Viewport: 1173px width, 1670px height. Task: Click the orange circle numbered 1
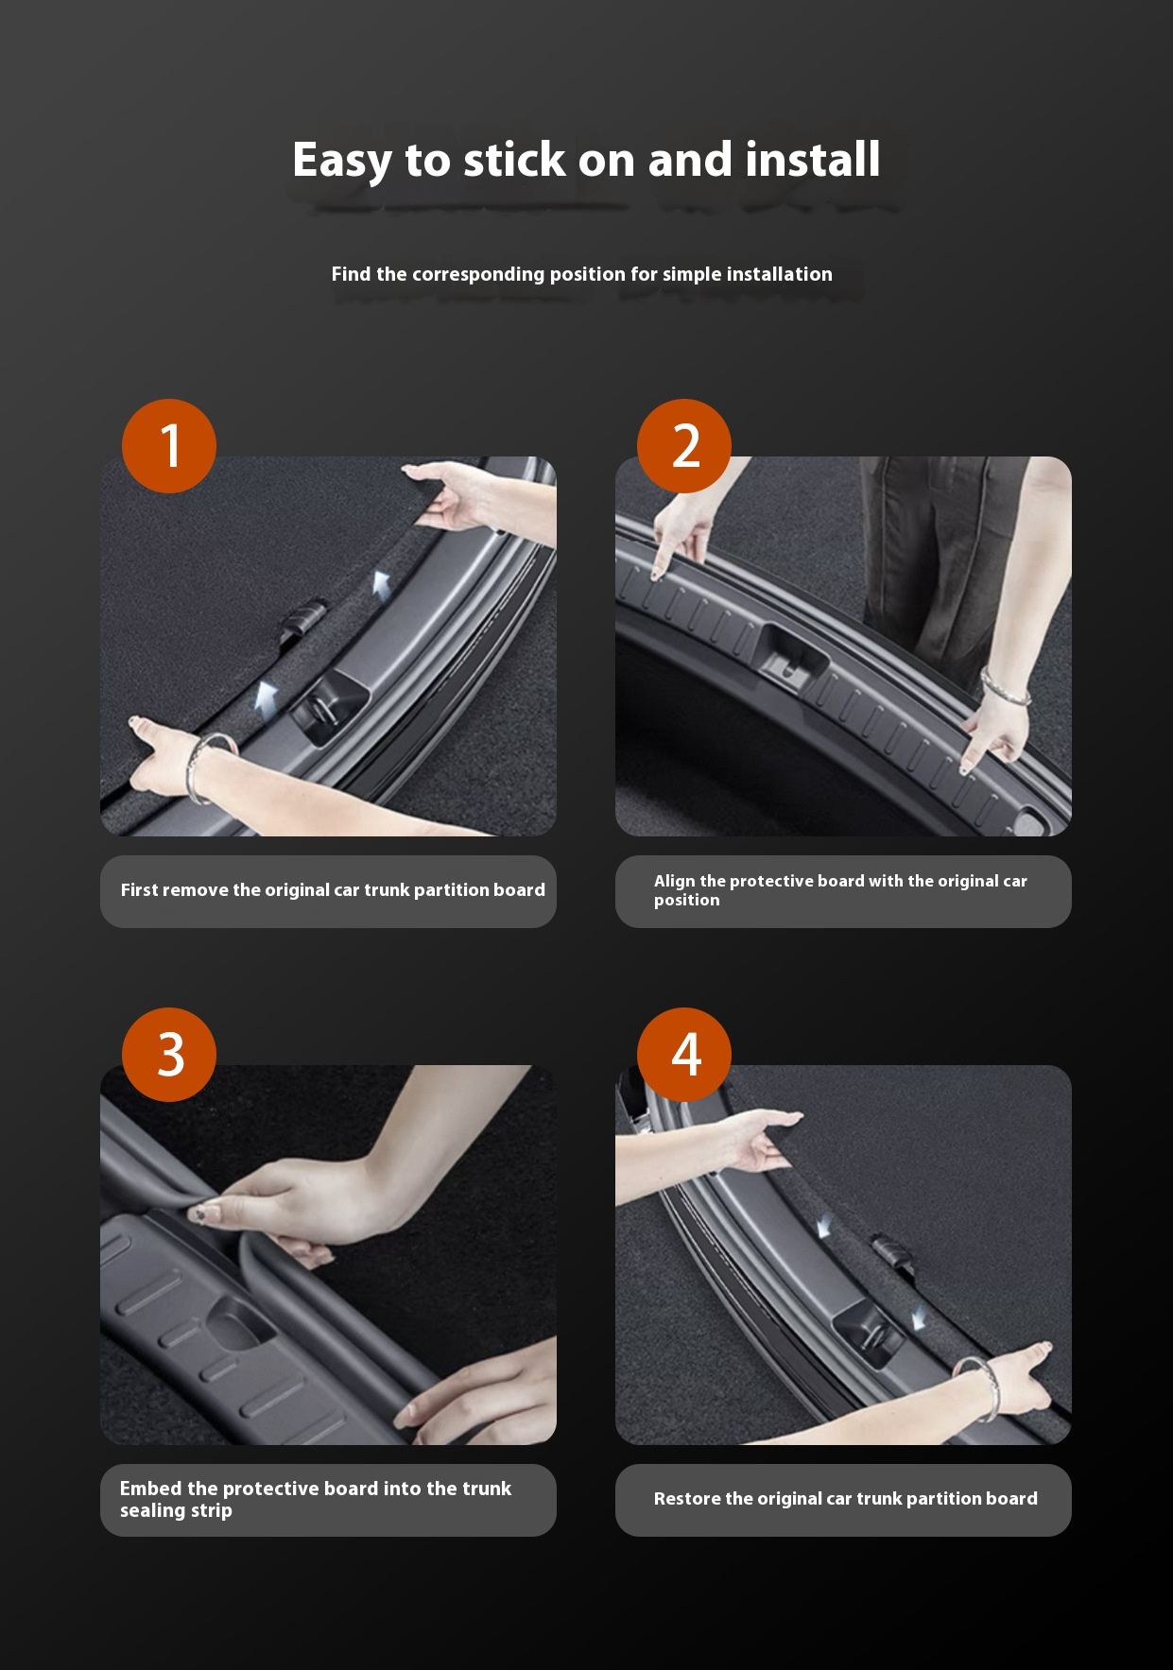tap(169, 446)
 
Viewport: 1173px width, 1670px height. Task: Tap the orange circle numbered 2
tap(684, 446)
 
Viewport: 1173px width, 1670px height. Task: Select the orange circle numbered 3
tap(169, 1055)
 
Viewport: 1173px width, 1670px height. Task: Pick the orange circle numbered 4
tap(684, 1055)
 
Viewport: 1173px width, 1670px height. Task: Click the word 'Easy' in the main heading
tap(341, 161)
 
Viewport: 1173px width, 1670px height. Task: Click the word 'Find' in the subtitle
tap(351, 274)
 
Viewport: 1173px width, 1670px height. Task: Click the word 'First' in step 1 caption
tap(139, 889)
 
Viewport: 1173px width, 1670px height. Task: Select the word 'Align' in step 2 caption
tap(675, 882)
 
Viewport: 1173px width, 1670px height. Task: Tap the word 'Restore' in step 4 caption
tap(686, 1499)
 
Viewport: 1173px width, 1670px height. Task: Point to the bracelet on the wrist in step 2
tap(1004, 686)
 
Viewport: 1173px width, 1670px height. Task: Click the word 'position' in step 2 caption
tap(687, 901)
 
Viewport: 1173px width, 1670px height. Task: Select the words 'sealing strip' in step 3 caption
tap(176, 1511)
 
